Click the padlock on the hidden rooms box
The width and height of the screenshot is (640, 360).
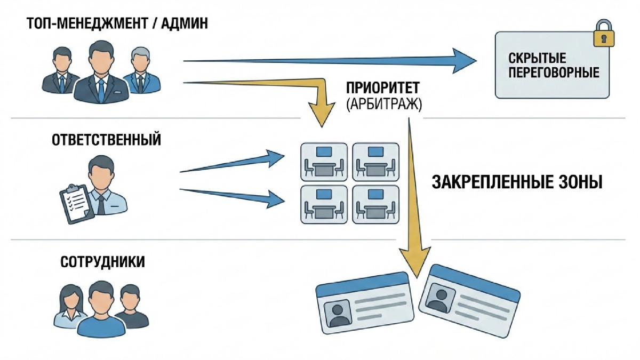(604, 34)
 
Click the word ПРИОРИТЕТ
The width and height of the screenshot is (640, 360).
(383, 89)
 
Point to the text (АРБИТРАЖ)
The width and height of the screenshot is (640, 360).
(383, 104)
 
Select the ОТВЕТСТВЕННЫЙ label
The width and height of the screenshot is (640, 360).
(107, 140)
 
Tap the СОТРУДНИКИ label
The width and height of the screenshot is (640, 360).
(103, 263)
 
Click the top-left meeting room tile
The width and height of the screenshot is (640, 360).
(323, 161)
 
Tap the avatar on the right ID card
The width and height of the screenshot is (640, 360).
(441, 299)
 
